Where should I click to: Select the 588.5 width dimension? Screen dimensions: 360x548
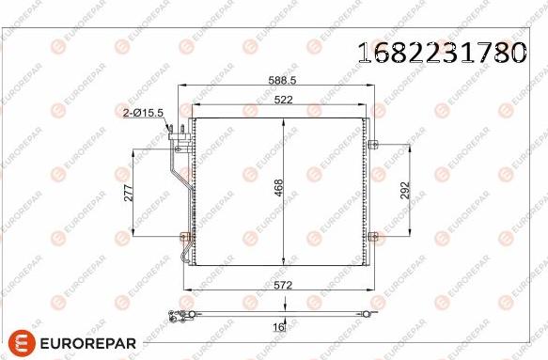tap(277, 82)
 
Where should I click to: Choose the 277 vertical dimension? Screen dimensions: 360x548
tap(130, 193)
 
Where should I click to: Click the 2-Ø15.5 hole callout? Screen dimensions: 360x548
tap(144, 113)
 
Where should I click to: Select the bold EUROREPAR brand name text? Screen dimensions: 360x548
tap(89, 343)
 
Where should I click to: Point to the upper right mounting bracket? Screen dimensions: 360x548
tap(372, 145)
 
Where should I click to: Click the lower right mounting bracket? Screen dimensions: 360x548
tap(372, 234)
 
